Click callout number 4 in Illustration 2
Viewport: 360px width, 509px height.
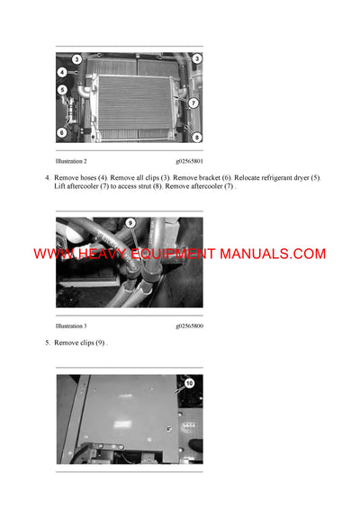(62, 72)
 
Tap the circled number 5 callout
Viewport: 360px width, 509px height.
(62, 90)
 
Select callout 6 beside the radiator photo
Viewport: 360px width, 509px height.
(62, 132)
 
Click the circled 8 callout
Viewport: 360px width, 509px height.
(196, 137)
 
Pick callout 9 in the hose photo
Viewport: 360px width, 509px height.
(130, 222)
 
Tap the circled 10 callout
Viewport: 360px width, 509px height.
(189, 383)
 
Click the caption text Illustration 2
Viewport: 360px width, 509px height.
(71, 161)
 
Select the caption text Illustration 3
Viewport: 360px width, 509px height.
(71, 326)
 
